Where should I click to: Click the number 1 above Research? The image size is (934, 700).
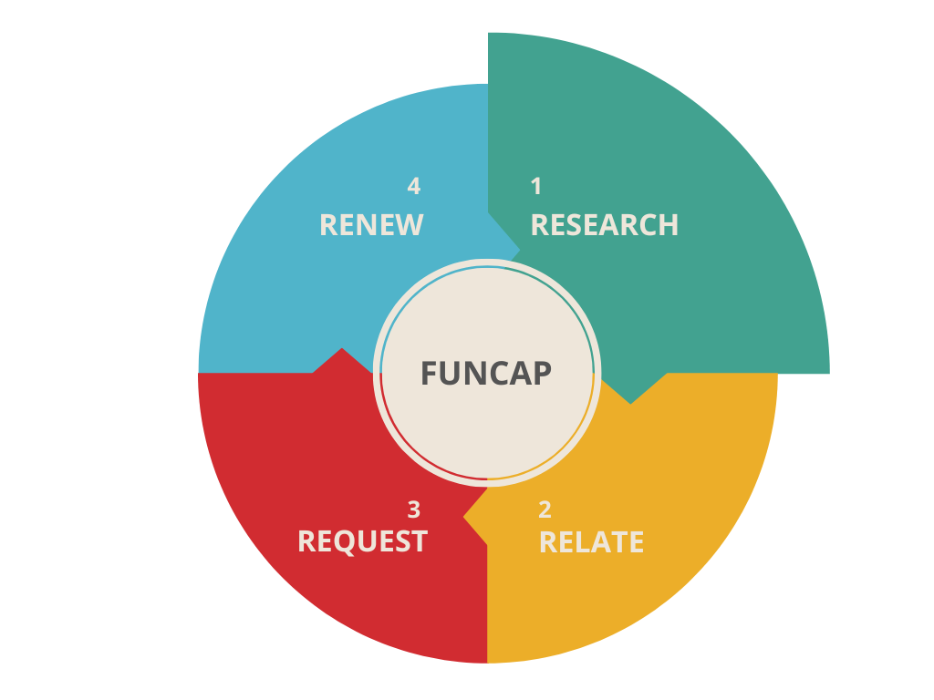coord(536,186)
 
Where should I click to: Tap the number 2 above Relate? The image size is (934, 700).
coord(545,510)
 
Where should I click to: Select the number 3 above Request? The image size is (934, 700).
coord(414,510)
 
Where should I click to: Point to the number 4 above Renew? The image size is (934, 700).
coord(414,186)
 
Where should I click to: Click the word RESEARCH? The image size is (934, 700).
coord(605,225)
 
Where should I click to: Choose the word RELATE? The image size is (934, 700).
coord(591,542)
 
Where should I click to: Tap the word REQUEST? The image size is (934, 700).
coord(362,541)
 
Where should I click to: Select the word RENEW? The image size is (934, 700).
coord(371,225)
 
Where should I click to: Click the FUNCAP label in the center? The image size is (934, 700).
coord(486,374)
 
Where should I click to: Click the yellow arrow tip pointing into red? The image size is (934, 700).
coord(467,517)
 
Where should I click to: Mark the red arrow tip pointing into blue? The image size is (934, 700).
coord(342,352)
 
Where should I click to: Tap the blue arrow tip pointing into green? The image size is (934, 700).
coord(516,246)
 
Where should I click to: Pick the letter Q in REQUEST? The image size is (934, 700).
coord(355,542)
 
